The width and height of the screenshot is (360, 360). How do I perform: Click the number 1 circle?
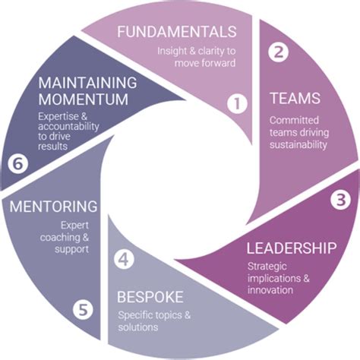pos(238,103)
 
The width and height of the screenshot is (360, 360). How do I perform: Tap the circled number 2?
pos(279,52)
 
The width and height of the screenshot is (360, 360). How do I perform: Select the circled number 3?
pos(339,201)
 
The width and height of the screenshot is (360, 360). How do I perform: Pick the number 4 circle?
pos(124,258)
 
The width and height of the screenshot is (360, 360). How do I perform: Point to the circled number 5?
pos(83,309)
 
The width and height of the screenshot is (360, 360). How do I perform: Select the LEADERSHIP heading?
pos(292,248)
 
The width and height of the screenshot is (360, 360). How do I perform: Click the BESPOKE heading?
pos(152,295)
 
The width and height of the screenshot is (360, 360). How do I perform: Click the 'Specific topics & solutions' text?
pos(149,321)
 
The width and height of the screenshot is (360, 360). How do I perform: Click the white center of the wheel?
pos(180,180)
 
